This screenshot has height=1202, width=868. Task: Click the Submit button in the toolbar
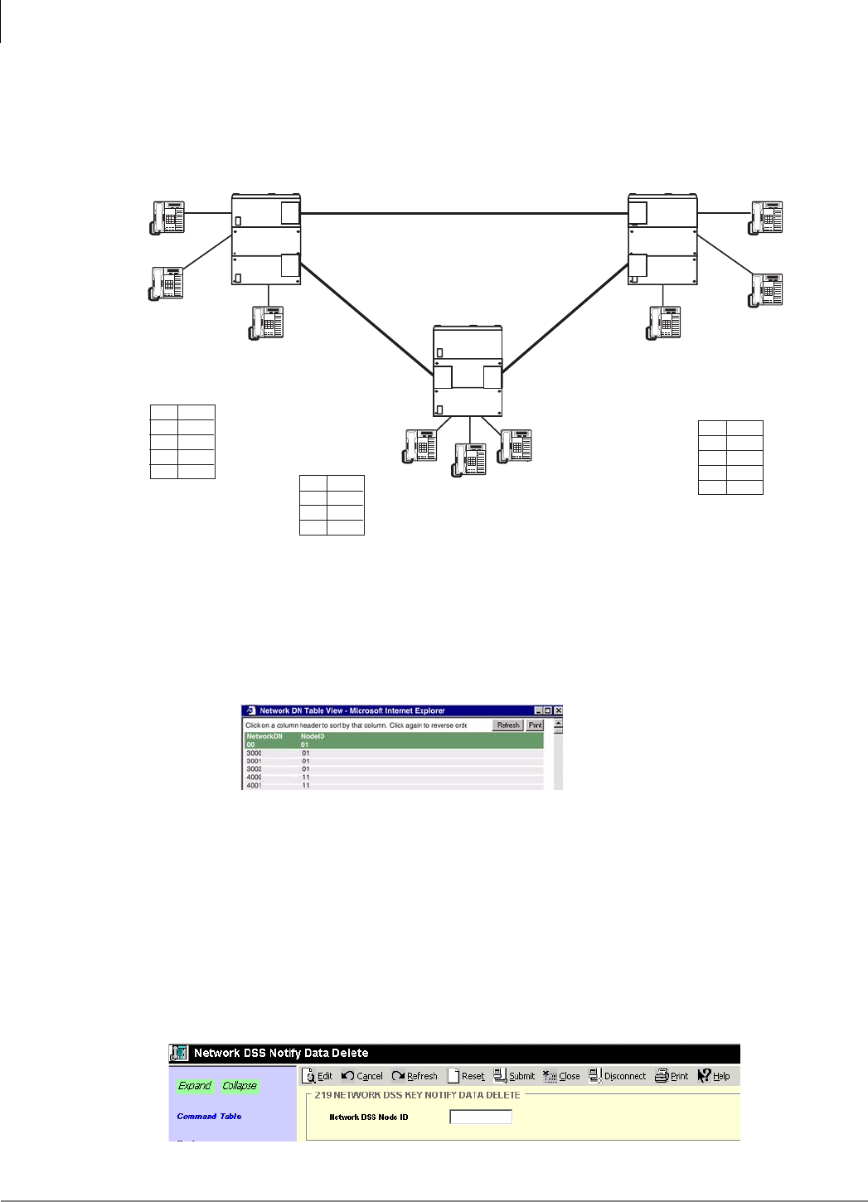[x=514, y=1076]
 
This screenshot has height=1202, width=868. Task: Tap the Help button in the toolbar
[x=714, y=1076]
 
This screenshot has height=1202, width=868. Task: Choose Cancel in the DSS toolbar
[x=362, y=1076]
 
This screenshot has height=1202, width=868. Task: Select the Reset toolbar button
[x=466, y=1076]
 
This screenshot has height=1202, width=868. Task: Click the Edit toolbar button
[x=318, y=1076]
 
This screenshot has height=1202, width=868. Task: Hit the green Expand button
[x=195, y=1086]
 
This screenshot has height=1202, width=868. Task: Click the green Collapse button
[x=240, y=1086]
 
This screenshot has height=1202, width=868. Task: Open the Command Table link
[x=209, y=1117]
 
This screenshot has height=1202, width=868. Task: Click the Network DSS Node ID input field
[x=481, y=1117]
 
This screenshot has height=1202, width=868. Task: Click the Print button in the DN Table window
[x=536, y=725]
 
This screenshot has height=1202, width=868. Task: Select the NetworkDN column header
[x=264, y=736]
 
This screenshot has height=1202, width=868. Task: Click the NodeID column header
[x=313, y=736]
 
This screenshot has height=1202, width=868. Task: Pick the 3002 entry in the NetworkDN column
[x=254, y=769]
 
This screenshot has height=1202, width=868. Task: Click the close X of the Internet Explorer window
[x=559, y=710]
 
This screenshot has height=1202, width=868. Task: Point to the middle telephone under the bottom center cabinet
[x=469, y=459]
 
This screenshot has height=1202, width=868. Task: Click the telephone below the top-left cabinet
[x=268, y=322]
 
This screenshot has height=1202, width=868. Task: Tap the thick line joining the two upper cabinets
[x=464, y=214]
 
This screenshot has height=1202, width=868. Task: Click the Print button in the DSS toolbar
[x=672, y=1076]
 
